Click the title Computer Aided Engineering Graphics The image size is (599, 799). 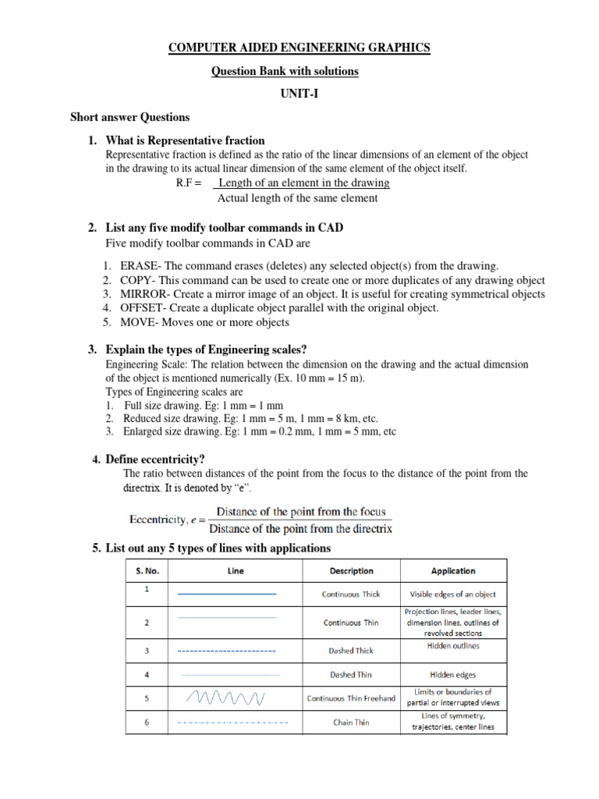click(x=299, y=48)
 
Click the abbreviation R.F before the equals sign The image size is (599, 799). click(x=185, y=183)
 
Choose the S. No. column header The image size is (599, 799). click(x=147, y=571)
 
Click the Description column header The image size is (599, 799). click(x=351, y=571)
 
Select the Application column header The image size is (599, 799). click(x=453, y=571)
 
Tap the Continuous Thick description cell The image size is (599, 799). click(x=351, y=595)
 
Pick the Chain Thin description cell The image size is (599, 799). click(x=351, y=723)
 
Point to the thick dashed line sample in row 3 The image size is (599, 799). click(x=227, y=650)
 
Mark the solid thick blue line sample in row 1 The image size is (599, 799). click(x=227, y=595)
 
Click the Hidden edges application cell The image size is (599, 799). click(x=453, y=675)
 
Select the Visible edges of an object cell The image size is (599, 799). click(x=453, y=595)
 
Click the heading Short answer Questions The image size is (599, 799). click(x=130, y=118)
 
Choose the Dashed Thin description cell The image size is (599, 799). click(x=351, y=675)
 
